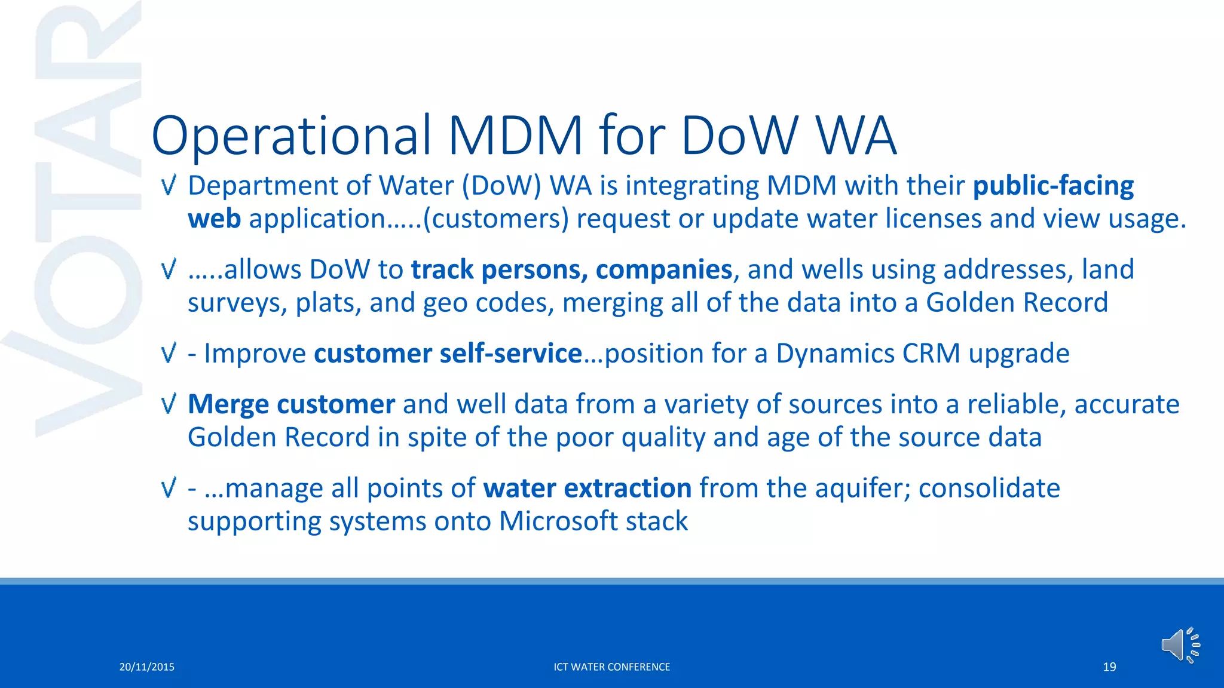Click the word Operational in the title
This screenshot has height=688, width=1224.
(291, 136)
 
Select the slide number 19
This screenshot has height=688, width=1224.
(1109, 667)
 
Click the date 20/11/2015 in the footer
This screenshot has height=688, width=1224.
(146, 667)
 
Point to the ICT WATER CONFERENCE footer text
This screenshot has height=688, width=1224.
(611, 667)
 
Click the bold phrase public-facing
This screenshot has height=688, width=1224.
(1053, 186)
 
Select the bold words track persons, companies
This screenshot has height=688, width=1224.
(571, 270)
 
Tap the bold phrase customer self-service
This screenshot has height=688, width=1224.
(448, 354)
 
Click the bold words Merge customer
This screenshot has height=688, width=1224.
(291, 404)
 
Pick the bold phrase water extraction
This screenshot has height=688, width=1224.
(587, 489)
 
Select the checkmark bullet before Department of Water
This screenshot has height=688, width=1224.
(169, 186)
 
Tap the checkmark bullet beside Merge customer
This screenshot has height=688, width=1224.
(169, 404)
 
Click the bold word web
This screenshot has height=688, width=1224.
(214, 219)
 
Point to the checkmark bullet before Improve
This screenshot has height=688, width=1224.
(169, 354)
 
